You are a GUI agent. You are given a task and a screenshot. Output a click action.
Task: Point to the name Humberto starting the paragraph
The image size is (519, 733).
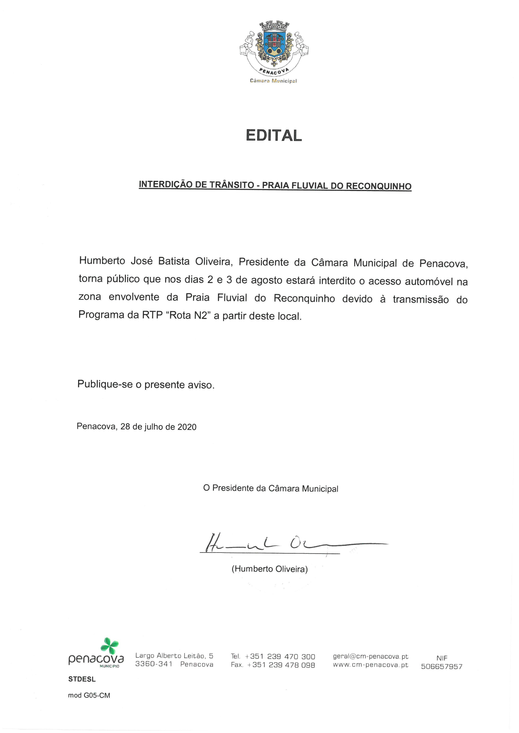pos(102,260)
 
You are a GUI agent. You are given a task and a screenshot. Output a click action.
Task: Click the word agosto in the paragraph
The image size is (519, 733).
pos(267,280)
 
